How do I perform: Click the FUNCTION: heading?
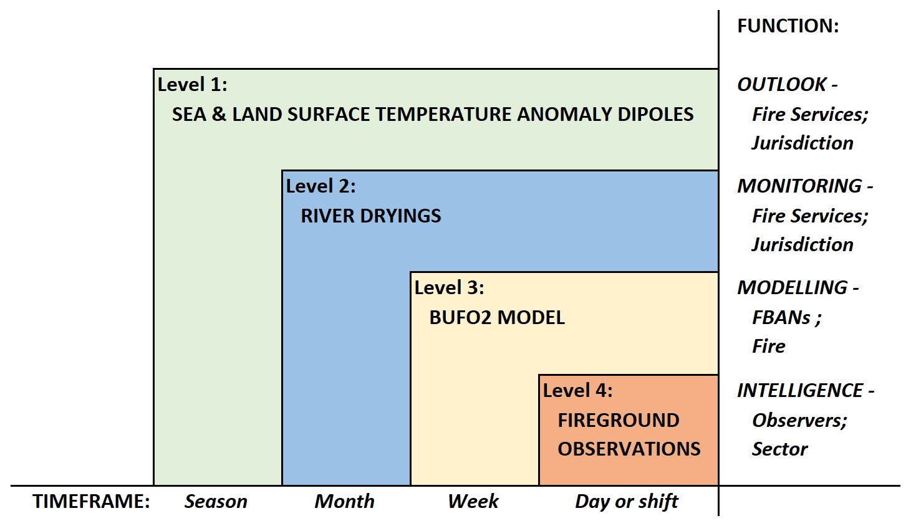click(788, 26)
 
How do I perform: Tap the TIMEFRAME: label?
click(91, 501)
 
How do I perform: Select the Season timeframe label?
click(216, 501)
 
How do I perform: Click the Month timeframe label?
click(344, 501)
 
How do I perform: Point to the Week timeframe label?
click(473, 501)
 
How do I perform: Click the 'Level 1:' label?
click(193, 85)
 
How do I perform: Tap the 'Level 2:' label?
click(321, 186)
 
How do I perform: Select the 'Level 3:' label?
click(450, 288)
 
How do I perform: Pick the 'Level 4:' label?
click(578, 391)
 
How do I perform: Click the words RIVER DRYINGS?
click(371, 216)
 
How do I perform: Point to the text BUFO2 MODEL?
click(497, 317)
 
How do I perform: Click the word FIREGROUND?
click(619, 420)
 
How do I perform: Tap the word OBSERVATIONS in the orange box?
click(629, 449)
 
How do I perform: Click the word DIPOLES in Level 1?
click(655, 114)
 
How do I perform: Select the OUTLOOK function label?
click(782, 85)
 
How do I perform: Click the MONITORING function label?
click(799, 186)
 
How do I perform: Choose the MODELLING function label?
click(793, 288)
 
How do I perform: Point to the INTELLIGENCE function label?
click(800, 391)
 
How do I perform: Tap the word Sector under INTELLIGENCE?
click(779, 449)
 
